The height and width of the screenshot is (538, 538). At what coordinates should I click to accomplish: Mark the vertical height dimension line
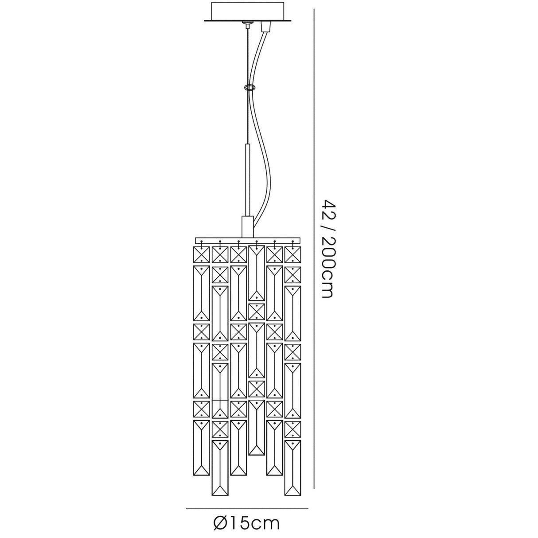[x=315, y=248]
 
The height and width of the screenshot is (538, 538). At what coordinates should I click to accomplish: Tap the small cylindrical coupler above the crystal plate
[x=247, y=226]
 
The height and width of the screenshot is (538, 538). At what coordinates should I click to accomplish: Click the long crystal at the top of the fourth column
[x=257, y=273]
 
